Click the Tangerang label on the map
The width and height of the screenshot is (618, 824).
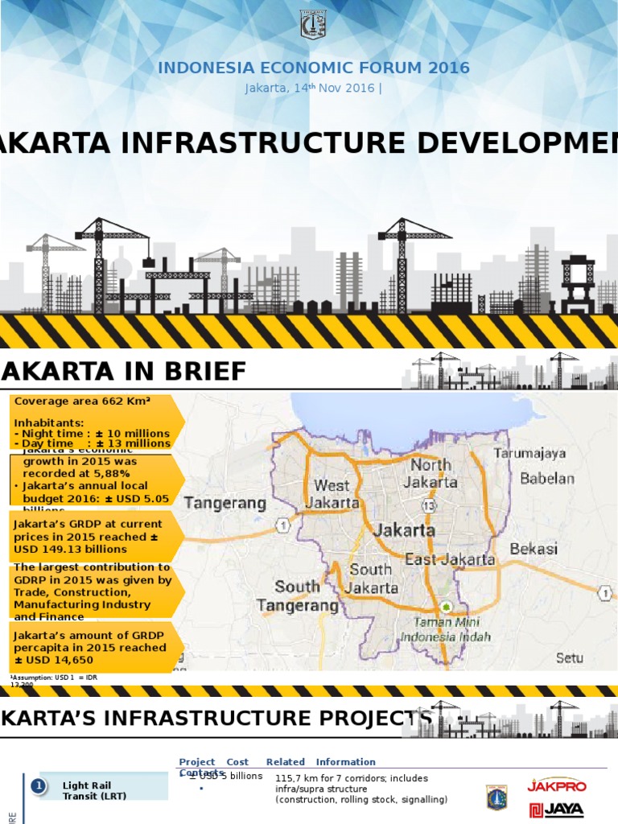[225, 504]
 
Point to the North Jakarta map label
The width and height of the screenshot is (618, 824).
[432, 474]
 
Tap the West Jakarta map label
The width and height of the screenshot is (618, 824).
[332, 494]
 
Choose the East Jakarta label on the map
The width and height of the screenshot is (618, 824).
[450, 559]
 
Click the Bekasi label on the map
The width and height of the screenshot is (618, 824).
[534, 549]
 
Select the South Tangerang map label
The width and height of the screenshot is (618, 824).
[297, 595]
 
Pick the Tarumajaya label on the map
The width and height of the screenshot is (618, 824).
[531, 454]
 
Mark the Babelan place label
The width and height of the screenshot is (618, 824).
[547, 479]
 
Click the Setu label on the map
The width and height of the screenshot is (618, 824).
[570, 657]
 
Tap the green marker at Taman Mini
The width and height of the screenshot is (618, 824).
[446, 606]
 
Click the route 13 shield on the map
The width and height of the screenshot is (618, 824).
[428, 505]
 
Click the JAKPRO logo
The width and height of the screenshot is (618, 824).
[556, 785]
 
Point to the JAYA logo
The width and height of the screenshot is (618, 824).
[556, 811]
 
